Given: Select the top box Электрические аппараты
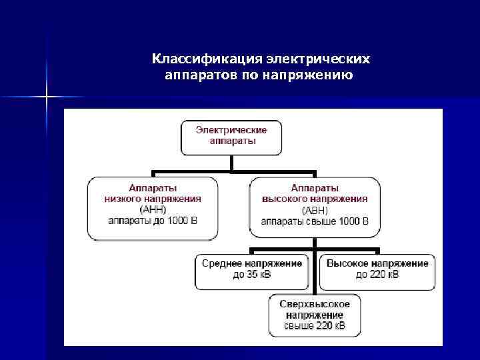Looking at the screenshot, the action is point(231,136).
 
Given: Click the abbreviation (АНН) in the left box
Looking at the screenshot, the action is point(153,209).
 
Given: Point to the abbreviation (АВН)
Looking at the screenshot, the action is point(314,209).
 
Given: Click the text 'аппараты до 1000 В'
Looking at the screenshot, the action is point(153,220).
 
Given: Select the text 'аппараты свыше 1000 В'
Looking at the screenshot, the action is point(315,220).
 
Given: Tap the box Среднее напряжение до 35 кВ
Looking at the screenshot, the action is point(252,269).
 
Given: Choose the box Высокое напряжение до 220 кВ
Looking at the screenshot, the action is point(377,269).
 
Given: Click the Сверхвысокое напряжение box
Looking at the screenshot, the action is point(315,315).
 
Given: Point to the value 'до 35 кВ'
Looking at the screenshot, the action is point(252,275).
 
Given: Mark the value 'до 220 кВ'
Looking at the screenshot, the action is point(377,275).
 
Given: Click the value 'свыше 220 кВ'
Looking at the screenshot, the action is point(315,326).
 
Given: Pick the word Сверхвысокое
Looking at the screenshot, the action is point(315,303).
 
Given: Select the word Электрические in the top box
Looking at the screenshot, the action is point(231,129).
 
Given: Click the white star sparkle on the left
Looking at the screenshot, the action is point(47,97).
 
